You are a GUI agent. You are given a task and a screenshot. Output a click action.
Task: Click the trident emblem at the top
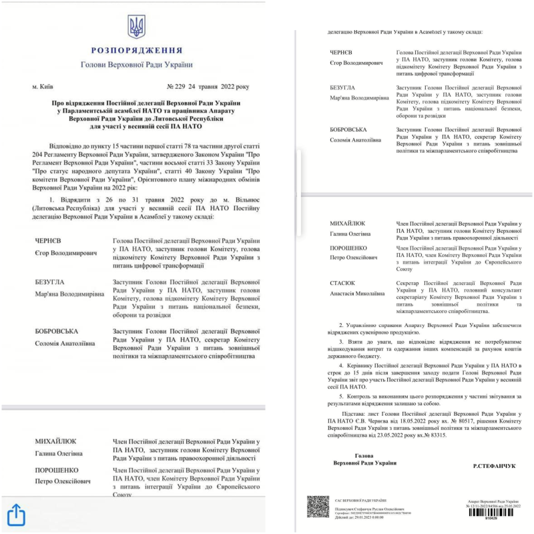[136, 27]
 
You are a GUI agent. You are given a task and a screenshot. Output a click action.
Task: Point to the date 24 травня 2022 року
[220, 87]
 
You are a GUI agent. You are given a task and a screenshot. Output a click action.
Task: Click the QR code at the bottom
[318, 507]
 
